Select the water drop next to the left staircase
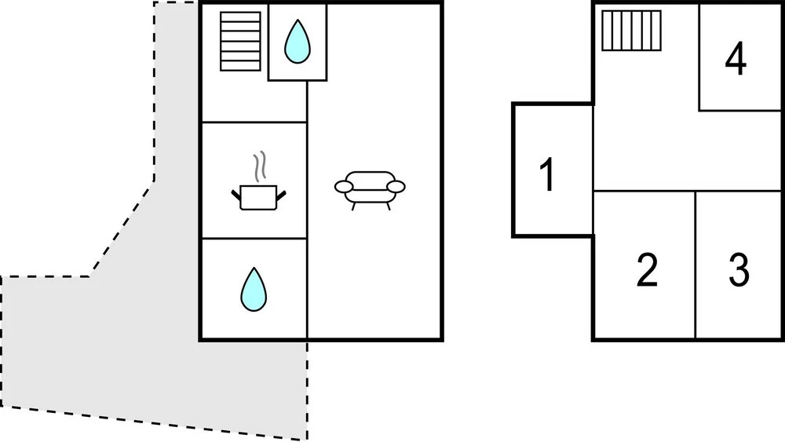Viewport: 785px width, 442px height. click(297, 42)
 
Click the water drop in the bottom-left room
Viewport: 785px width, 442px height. click(253, 289)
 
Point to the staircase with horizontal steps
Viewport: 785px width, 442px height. click(240, 41)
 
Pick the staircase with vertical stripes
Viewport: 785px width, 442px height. click(631, 31)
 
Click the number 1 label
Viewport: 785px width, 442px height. click(548, 174)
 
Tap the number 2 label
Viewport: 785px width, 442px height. click(646, 270)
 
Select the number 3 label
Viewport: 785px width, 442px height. click(738, 270)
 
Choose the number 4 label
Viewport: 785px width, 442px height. click(735, 60)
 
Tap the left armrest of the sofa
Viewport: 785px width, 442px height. click(344, 186)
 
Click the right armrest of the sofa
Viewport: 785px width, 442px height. click(396, 186)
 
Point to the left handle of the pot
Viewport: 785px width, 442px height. click(236, 191)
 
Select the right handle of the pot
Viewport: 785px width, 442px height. click(283, 191)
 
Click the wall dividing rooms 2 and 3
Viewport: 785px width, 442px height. click(696, 263)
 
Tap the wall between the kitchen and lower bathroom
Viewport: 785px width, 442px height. click(253, 238)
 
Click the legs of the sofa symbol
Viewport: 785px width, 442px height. click(370, 206)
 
